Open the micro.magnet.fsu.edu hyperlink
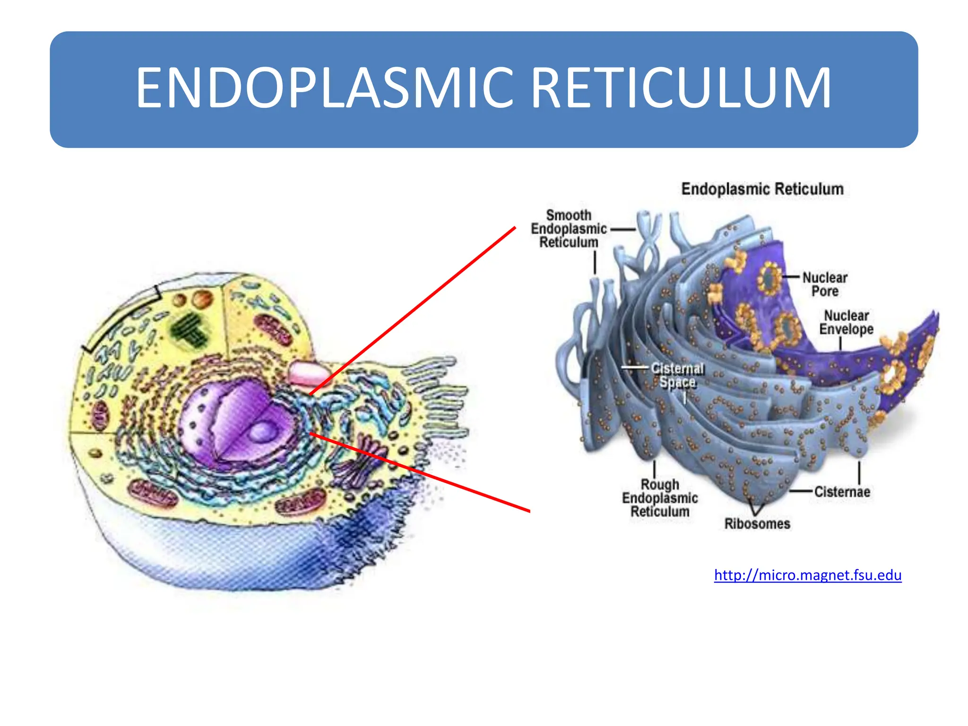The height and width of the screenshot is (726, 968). pyautogui.click(x=807, y=575)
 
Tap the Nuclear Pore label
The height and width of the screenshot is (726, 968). pyautogui.click(x=825, y=284)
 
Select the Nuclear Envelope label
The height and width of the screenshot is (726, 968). pyautogui.click(x=846, y=322)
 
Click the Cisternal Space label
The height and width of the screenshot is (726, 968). pyautogui.click(x=677, y=375)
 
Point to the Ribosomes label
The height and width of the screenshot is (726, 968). pyautogui.click(x=757, y=524)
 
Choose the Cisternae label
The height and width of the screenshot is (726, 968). pyautogui.click(x=842, y=492)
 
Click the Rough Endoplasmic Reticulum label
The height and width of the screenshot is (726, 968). pyautogui.click(x=660, y=498)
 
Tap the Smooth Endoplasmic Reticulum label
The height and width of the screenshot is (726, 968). pyautogui.click(x=569, y=229)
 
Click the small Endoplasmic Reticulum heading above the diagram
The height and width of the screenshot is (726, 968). pyautogui.click(x=762, y=189)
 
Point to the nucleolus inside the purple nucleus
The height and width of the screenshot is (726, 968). pyautogui.click(x=261, y=432)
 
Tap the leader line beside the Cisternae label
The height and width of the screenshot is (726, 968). pyautogui.click(x=801, y=492)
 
